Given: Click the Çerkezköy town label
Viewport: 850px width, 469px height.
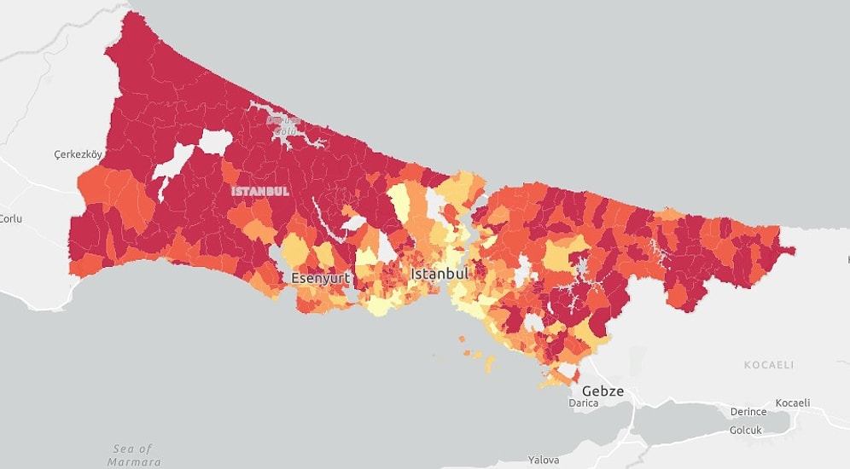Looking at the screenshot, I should pos(78,154).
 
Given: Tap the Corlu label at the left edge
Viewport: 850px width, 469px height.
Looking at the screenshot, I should pos(10,218).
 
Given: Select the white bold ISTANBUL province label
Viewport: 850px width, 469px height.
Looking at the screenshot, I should pos(260,191).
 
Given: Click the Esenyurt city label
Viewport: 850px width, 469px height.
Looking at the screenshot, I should pos(321,278).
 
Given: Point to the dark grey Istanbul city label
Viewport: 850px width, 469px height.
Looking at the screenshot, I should pos(440,274).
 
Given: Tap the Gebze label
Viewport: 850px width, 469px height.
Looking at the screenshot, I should pos(603,391).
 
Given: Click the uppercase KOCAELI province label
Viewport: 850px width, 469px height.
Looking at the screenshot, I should pos(768,365).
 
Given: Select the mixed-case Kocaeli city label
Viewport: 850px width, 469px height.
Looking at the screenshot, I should pos(793,402).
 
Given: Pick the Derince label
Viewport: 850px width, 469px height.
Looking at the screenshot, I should pos(748,412).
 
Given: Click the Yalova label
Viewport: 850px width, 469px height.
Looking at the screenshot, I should pos(544,460).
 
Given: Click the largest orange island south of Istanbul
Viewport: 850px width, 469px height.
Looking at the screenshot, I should pos(490,363).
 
